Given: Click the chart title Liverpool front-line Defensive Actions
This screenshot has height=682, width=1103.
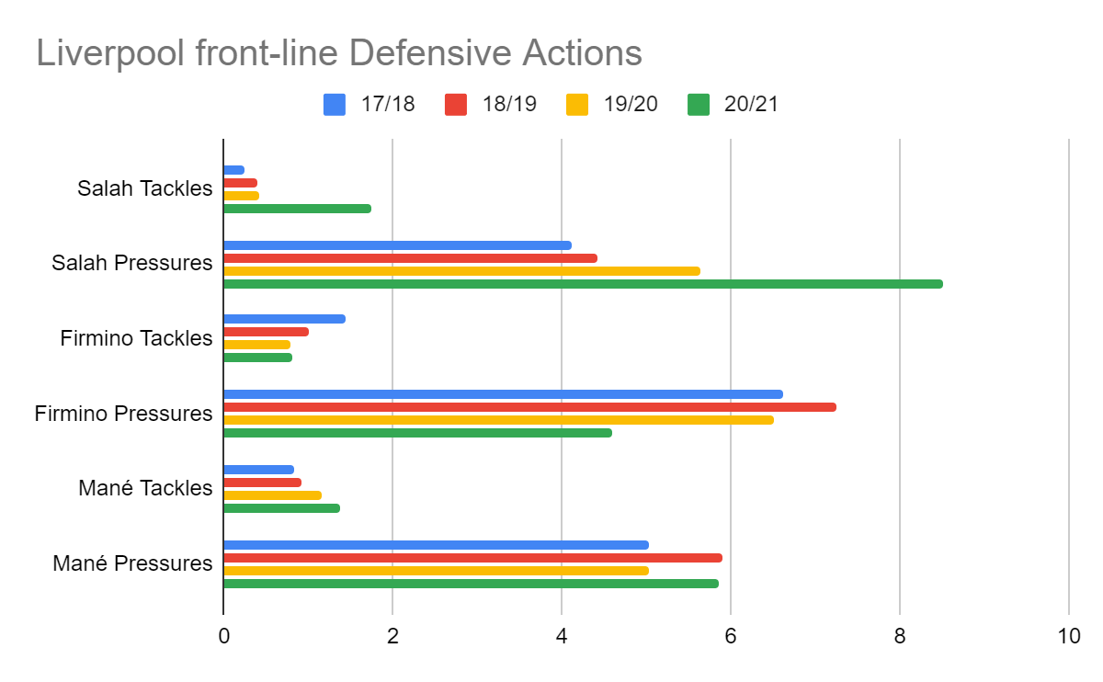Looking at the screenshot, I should point(338,53).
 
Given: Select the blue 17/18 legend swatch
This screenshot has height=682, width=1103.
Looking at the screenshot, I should point(335,104).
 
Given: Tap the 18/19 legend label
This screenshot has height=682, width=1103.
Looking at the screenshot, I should point(509,104).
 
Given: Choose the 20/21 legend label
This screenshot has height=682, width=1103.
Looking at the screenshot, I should point(752,104).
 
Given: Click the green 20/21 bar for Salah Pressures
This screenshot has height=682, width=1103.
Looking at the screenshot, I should point(583,284).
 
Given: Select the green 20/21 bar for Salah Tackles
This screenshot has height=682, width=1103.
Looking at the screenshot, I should point(297,209).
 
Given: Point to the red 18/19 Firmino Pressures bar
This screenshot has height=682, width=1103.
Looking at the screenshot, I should point(529,407).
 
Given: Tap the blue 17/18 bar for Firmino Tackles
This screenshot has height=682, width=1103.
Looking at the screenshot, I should point(284,319).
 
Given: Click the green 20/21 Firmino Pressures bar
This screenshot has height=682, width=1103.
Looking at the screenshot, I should point(417,433).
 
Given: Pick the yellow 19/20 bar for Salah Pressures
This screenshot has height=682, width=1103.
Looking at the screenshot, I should point(461,271).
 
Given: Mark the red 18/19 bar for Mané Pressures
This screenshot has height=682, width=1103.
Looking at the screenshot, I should point(472,558).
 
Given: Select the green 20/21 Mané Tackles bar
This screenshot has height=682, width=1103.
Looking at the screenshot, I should point(281,508).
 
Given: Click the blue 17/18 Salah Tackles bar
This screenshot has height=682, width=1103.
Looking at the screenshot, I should point(233,170).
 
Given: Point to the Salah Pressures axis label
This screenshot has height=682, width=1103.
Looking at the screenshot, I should point(131,263).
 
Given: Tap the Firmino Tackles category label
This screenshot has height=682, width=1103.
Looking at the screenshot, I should point(136,338).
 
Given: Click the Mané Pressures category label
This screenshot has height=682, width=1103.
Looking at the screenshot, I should point(132,563).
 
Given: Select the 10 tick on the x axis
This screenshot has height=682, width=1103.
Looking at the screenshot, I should point(1068,637).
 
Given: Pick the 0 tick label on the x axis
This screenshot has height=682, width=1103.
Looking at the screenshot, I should point(223,637).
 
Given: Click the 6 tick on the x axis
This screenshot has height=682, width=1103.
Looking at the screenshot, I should point(731,637).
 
